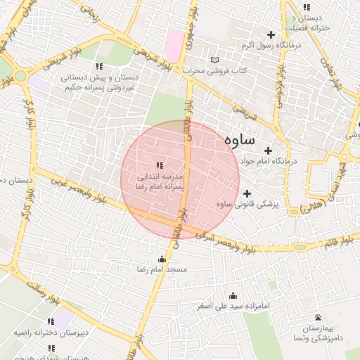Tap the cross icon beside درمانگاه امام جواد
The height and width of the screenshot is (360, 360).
pyautogui.click(x=268, y=150)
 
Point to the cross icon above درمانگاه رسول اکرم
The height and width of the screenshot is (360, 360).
pyautogui.click(x=271, y=34)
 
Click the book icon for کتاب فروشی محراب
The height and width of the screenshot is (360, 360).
pyautogui.click(x=215, y=60)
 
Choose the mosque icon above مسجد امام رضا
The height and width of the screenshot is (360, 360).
pyautogui.click(x=163, y=259)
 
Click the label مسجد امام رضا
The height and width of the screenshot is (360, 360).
pyautogui.click(x=163, y=270)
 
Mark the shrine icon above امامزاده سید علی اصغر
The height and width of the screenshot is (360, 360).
pyautogui.click(x=233, y=295)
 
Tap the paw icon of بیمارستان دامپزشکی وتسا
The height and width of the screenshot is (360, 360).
pyautogui.click(x=318, y=317)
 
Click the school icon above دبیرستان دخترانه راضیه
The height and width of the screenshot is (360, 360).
pyautogui.click(x=51, y=321)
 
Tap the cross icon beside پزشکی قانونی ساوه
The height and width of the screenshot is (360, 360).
pyautogui.click(x=247, y=193)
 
